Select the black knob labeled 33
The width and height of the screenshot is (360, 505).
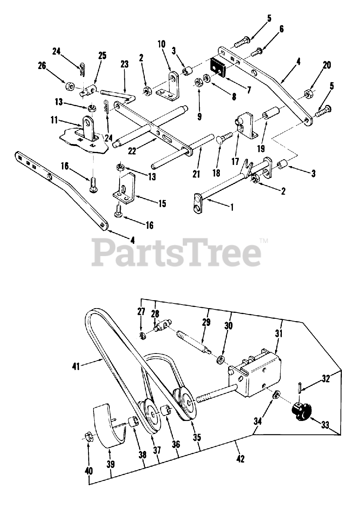tap(301, 413)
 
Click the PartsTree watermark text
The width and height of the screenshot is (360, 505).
tap(176, 252)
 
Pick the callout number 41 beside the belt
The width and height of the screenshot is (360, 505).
tap(76, 367)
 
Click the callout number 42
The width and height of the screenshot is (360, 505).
tap(240, 459)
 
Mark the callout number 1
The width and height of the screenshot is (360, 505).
tap(232, 207)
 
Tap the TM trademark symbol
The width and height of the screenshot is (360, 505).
tap(264, 241)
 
